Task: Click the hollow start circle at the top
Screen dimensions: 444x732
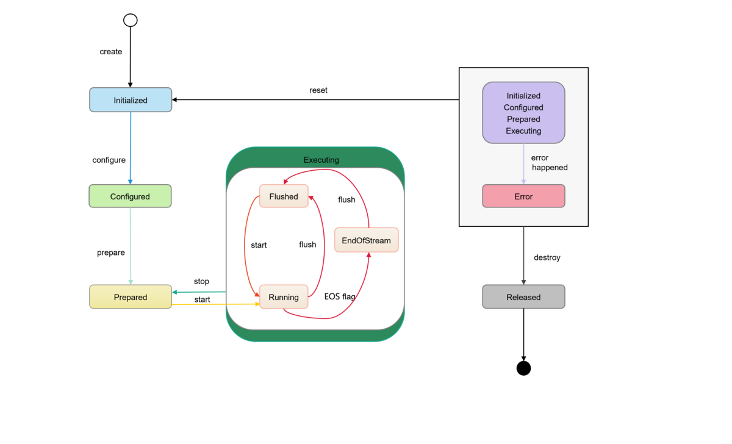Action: tap(131, 20)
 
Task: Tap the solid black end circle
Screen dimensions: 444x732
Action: tap(523, 368)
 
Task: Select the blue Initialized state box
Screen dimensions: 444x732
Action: tap(131, 100)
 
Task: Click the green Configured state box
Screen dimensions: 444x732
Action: tap(130, 196)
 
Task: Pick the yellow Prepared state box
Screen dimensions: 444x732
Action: tap(131, 297)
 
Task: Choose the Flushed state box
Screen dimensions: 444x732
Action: tap(284, 196)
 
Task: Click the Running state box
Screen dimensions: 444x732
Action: tap(284, 297)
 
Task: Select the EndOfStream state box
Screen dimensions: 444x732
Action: tap(366, 240)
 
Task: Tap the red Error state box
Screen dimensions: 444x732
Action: tap(523, 196)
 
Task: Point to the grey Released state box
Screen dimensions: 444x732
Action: tap(523, 297)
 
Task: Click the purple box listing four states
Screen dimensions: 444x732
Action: tap(523, 113)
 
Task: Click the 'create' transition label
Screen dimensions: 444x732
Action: tap(111, 52)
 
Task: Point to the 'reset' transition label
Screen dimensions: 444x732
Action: tap(318, 90)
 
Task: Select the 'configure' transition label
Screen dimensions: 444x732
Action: tap(109, 160)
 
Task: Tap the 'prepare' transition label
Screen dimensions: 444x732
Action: tap(111, 252)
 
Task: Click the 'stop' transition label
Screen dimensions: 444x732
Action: tap(201, 281)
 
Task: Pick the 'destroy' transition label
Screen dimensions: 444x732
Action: tap(547, 257)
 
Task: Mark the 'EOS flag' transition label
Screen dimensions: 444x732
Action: tap(340, 297)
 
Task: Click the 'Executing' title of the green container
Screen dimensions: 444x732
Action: tap(321, 160)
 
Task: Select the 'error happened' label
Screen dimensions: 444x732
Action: tap(549, 163)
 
